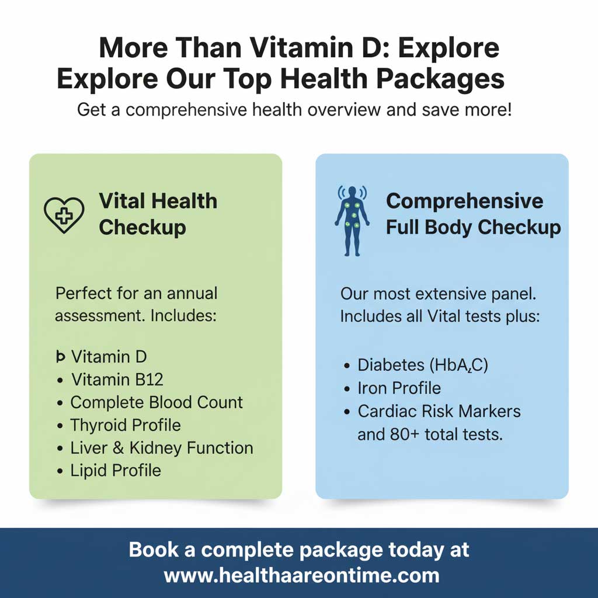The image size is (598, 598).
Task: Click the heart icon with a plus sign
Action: tap(64, 214)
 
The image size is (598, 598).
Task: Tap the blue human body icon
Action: tap(352, 221)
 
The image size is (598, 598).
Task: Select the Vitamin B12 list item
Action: tap(117, 380)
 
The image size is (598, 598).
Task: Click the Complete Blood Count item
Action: tap(157, 402)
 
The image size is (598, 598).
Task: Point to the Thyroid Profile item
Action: tap(126, 425)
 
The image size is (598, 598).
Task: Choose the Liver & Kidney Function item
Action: tap(162, 448)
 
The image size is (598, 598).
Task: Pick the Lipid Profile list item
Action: tap(116, 471)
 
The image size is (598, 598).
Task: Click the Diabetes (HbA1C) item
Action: tap(423, 365)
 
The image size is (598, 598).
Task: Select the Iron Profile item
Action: tap(399, 388)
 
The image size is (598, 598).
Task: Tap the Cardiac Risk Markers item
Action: tap(439, 411)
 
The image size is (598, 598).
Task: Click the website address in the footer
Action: tap(301, 575)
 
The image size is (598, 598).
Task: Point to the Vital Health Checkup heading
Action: tap(158, 214)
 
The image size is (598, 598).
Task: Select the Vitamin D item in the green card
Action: tap(109, 356)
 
